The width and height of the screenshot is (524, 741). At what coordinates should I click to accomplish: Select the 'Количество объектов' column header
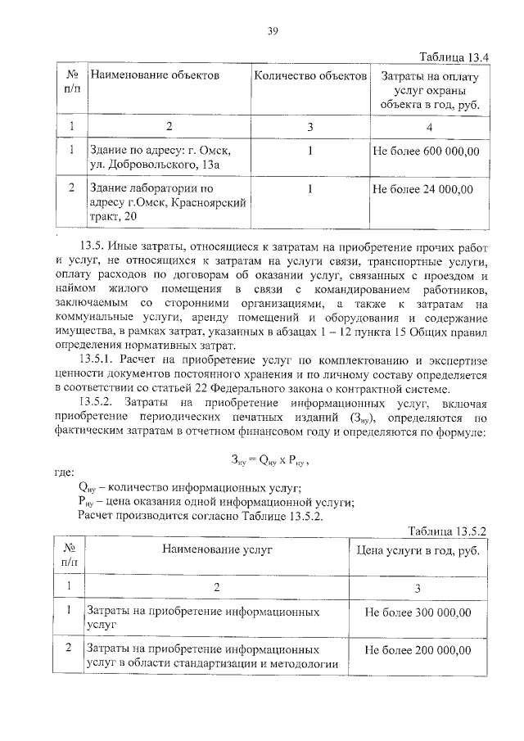click(310, 76)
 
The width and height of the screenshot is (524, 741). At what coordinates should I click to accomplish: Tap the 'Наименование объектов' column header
click(155, 76)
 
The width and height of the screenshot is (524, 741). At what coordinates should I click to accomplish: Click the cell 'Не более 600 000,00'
click(426, 151)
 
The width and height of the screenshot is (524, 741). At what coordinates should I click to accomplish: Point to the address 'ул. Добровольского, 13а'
click(155, 165)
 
